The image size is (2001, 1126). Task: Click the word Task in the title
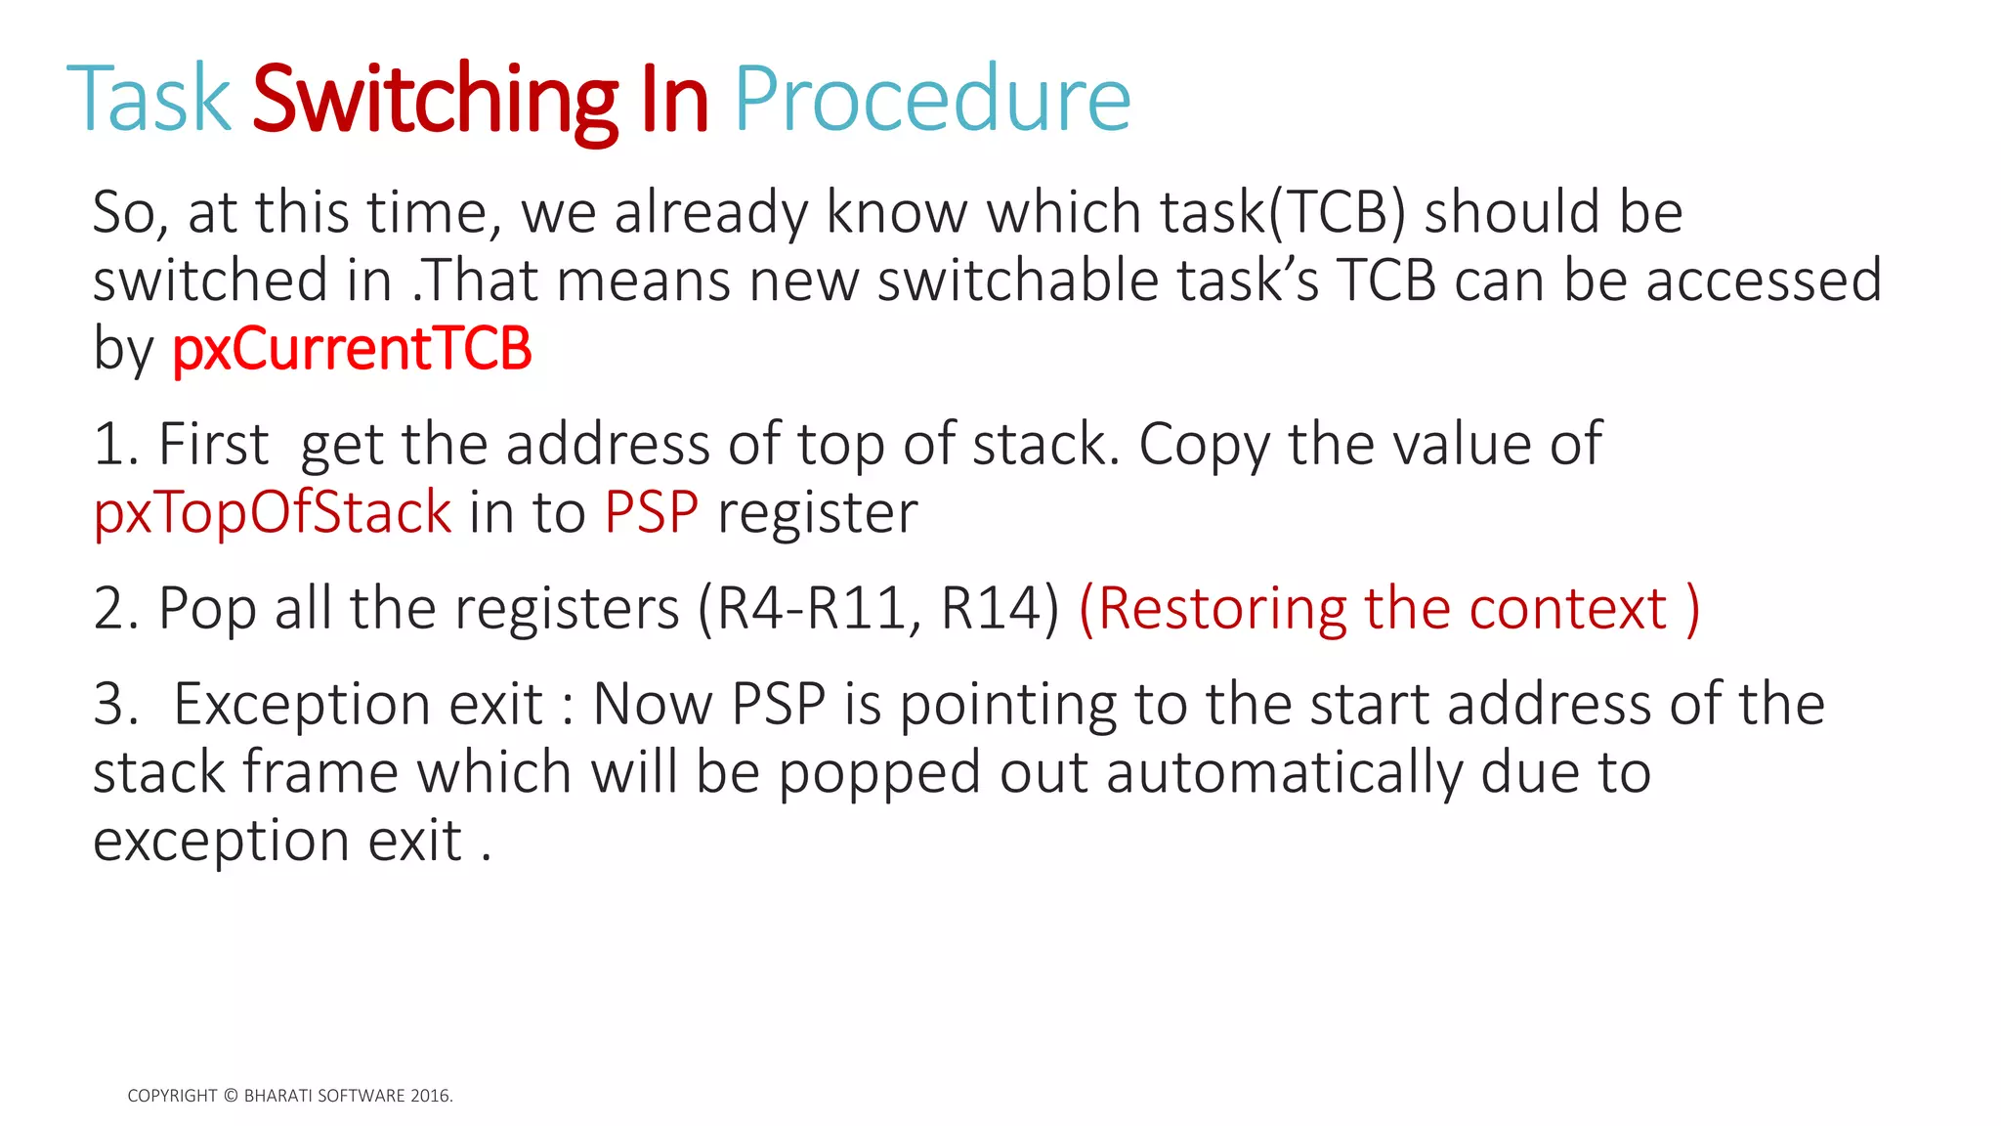tap(149, 99)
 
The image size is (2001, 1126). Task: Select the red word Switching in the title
tap(435, 101)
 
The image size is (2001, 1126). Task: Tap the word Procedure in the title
tap(931, 99)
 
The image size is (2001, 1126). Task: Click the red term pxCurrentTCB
tap(352, 349)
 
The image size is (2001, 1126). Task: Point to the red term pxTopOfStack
tap(273, 512)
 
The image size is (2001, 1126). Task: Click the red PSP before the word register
tap(652, 512)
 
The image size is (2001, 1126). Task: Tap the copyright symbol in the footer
tap(231, 1096)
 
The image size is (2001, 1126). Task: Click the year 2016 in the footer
tap(430, 1096)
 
